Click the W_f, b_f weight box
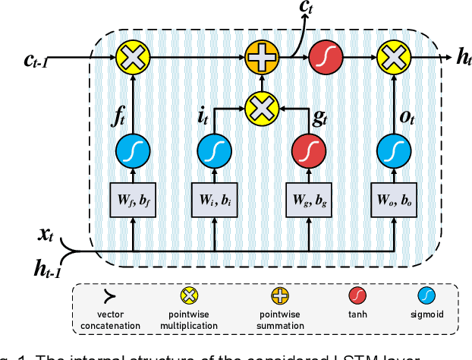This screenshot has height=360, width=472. click(x=133, y=199)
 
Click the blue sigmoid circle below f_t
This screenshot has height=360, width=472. click(x=133, y=152)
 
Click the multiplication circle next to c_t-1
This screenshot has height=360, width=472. click(x=133, y=57)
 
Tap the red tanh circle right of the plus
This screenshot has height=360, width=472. click(x=324, y=57)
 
